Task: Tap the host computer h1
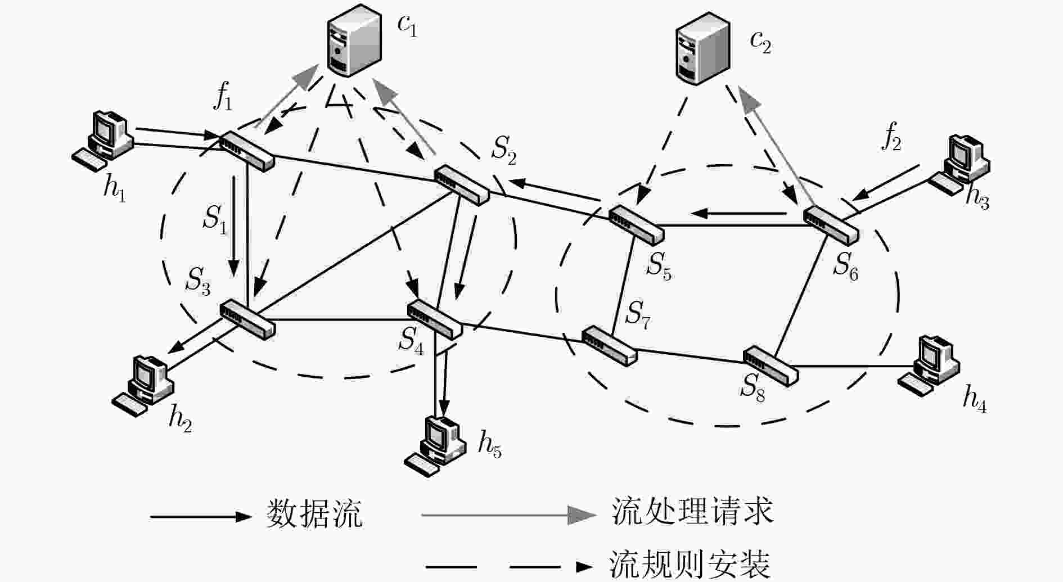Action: (x=103, y=141)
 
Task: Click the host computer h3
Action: (x=959, y=164)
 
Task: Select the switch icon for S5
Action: (x=636, y=224)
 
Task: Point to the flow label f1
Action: (x=222, y=98)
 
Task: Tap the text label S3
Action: (x=199, y=281)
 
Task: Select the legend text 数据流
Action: (x=314, y=513)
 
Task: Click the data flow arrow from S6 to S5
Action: (x=738, y=214)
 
